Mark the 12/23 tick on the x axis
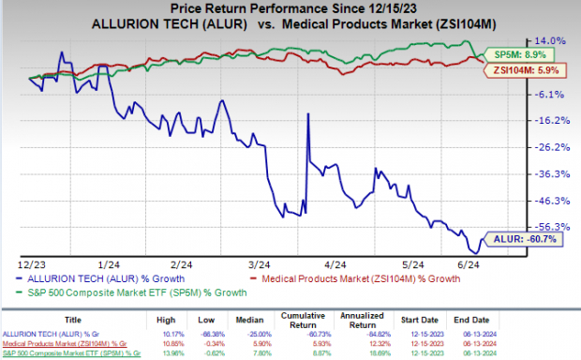(x=30, y=264)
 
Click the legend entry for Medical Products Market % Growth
(x=361, y=279)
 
